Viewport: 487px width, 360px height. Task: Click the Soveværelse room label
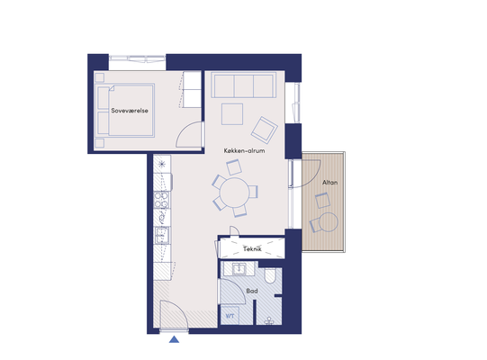(x=130, y=111)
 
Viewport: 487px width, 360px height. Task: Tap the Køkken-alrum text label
(x=245, y=151)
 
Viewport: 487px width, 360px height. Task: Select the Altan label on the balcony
(x=329, y=183)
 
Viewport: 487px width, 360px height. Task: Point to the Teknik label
(x=252, y=248)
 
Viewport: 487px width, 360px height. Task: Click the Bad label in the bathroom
(x=252, y=291)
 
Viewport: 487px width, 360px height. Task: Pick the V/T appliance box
(x=230, y=316)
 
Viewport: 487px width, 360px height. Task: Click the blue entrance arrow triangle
(x=175, y=339)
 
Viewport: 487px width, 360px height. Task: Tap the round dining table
(x=234, y=193)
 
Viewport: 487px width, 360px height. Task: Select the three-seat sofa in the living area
(x=243, y=85)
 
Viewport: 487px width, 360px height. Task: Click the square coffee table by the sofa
(x=232, y=114)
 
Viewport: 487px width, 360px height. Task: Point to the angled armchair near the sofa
(x=265, y=130)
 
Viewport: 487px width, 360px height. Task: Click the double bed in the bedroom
(x=125, y=111)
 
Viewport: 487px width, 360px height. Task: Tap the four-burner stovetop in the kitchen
(x=162, y=200)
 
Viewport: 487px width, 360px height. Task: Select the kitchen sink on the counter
(x=162, y=236)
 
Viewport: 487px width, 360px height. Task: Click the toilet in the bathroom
(x=270, y=275)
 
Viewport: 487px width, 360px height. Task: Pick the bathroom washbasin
(x=239, y=269)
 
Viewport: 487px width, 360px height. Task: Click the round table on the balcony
(x=329, y=222)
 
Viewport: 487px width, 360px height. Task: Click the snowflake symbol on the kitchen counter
(x=162, y=165)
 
